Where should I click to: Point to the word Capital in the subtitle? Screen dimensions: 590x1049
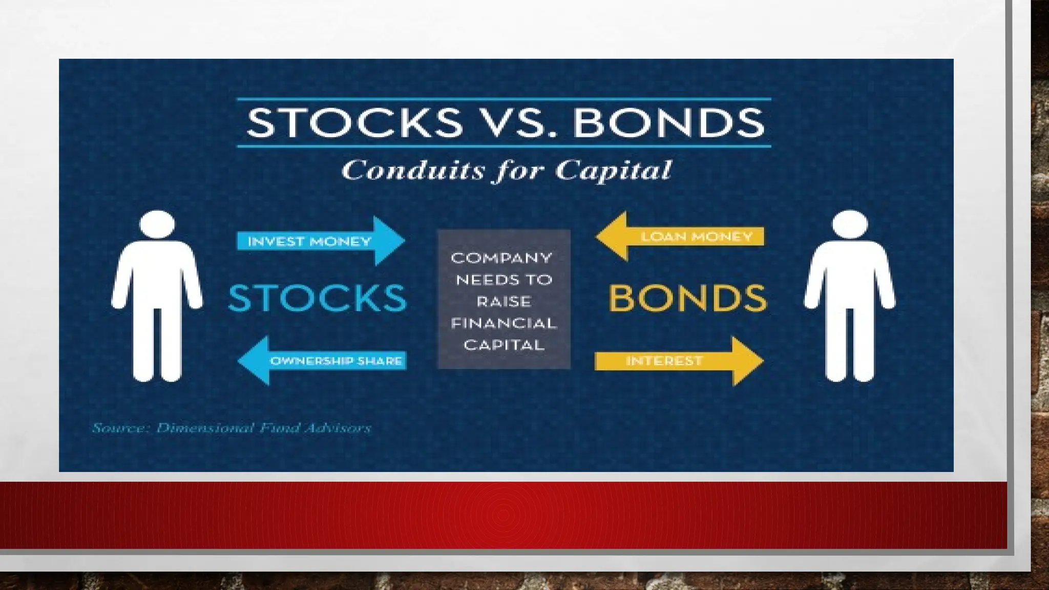tap(613, 170)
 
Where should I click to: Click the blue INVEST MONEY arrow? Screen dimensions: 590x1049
tap(320, 241)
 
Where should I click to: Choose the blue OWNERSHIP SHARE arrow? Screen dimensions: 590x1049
tap(323, 361)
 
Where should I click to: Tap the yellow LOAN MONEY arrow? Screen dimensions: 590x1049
tap(681, 237)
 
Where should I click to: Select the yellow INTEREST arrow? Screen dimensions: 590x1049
tap(679, 361)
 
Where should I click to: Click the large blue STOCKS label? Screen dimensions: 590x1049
tap(317, 298)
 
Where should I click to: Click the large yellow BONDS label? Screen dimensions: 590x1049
tap(687, 298)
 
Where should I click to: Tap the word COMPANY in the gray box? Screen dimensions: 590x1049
tap(501, 258)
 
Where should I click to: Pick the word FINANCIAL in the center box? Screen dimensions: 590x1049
tap(503, 323)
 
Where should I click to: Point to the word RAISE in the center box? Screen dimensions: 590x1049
tap(503, 302)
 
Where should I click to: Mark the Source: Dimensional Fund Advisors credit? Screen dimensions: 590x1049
tap(231, 428)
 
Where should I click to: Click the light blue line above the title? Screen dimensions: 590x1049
tap(503, 99)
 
